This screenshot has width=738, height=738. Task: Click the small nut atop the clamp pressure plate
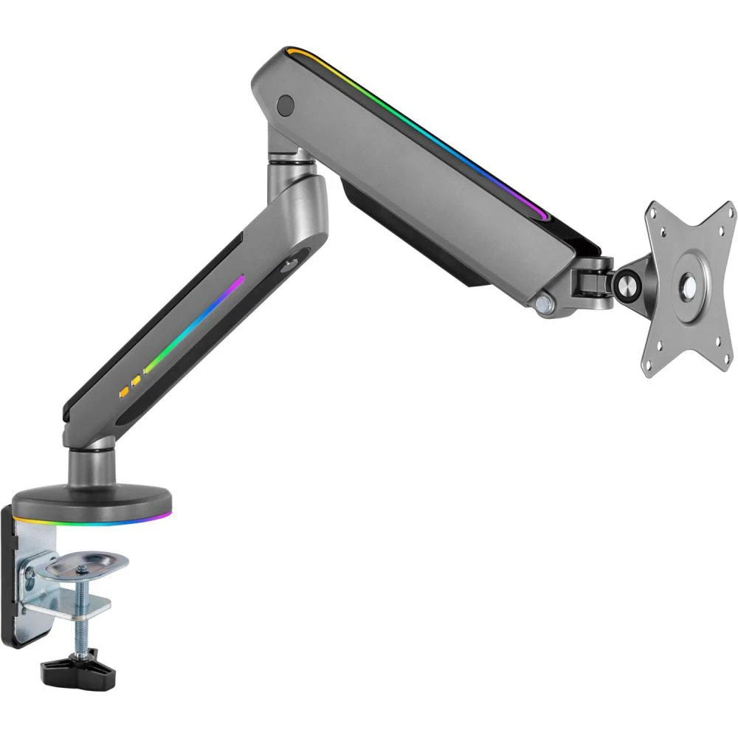(83, 568)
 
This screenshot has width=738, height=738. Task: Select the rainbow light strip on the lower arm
(196, 325)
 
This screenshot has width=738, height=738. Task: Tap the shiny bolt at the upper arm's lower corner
(545, 303)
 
